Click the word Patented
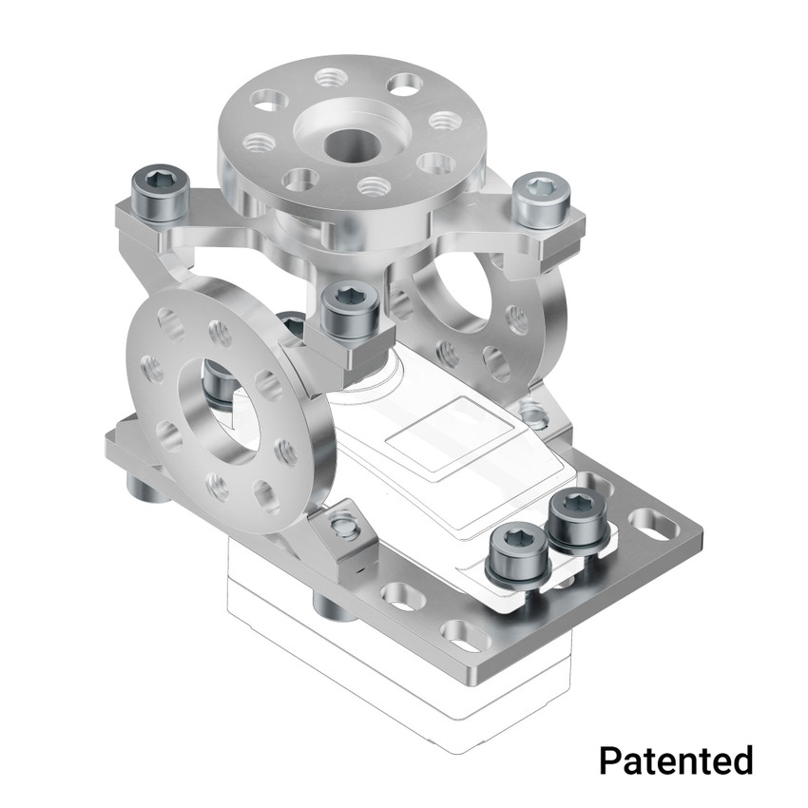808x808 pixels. pos(676,760)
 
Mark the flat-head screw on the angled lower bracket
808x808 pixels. pos(344,527)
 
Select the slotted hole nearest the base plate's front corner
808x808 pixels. pos(462,634)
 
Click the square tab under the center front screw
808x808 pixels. pos(357,353)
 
